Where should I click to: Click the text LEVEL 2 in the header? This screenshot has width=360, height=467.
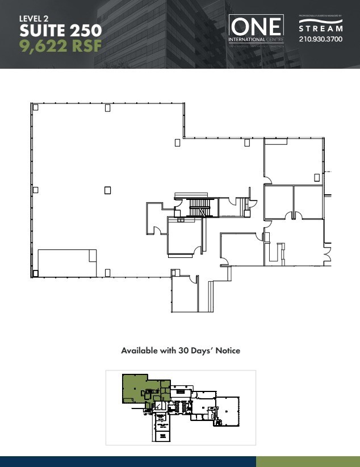click(x=34, y=18)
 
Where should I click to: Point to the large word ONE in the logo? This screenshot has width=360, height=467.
click(x=256, y=26)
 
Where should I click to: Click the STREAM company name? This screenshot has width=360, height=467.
click(x=321, y=28)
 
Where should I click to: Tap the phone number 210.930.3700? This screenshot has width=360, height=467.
click(x=321, y=39)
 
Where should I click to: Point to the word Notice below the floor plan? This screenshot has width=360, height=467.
click(x=227, y=351)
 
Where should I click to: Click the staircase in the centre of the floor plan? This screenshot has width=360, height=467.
click(x=199, y=207)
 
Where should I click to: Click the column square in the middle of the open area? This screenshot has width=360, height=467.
click(x=107, y=190)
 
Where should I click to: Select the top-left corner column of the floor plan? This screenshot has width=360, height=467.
click(x=35, y=107)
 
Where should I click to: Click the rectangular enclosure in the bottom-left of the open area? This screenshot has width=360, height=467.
click(x=67, y=262)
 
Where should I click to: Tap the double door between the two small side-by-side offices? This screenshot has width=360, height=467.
click(x=293, y=215)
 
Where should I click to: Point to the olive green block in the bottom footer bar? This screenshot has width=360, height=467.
click(x=308, y=461)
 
